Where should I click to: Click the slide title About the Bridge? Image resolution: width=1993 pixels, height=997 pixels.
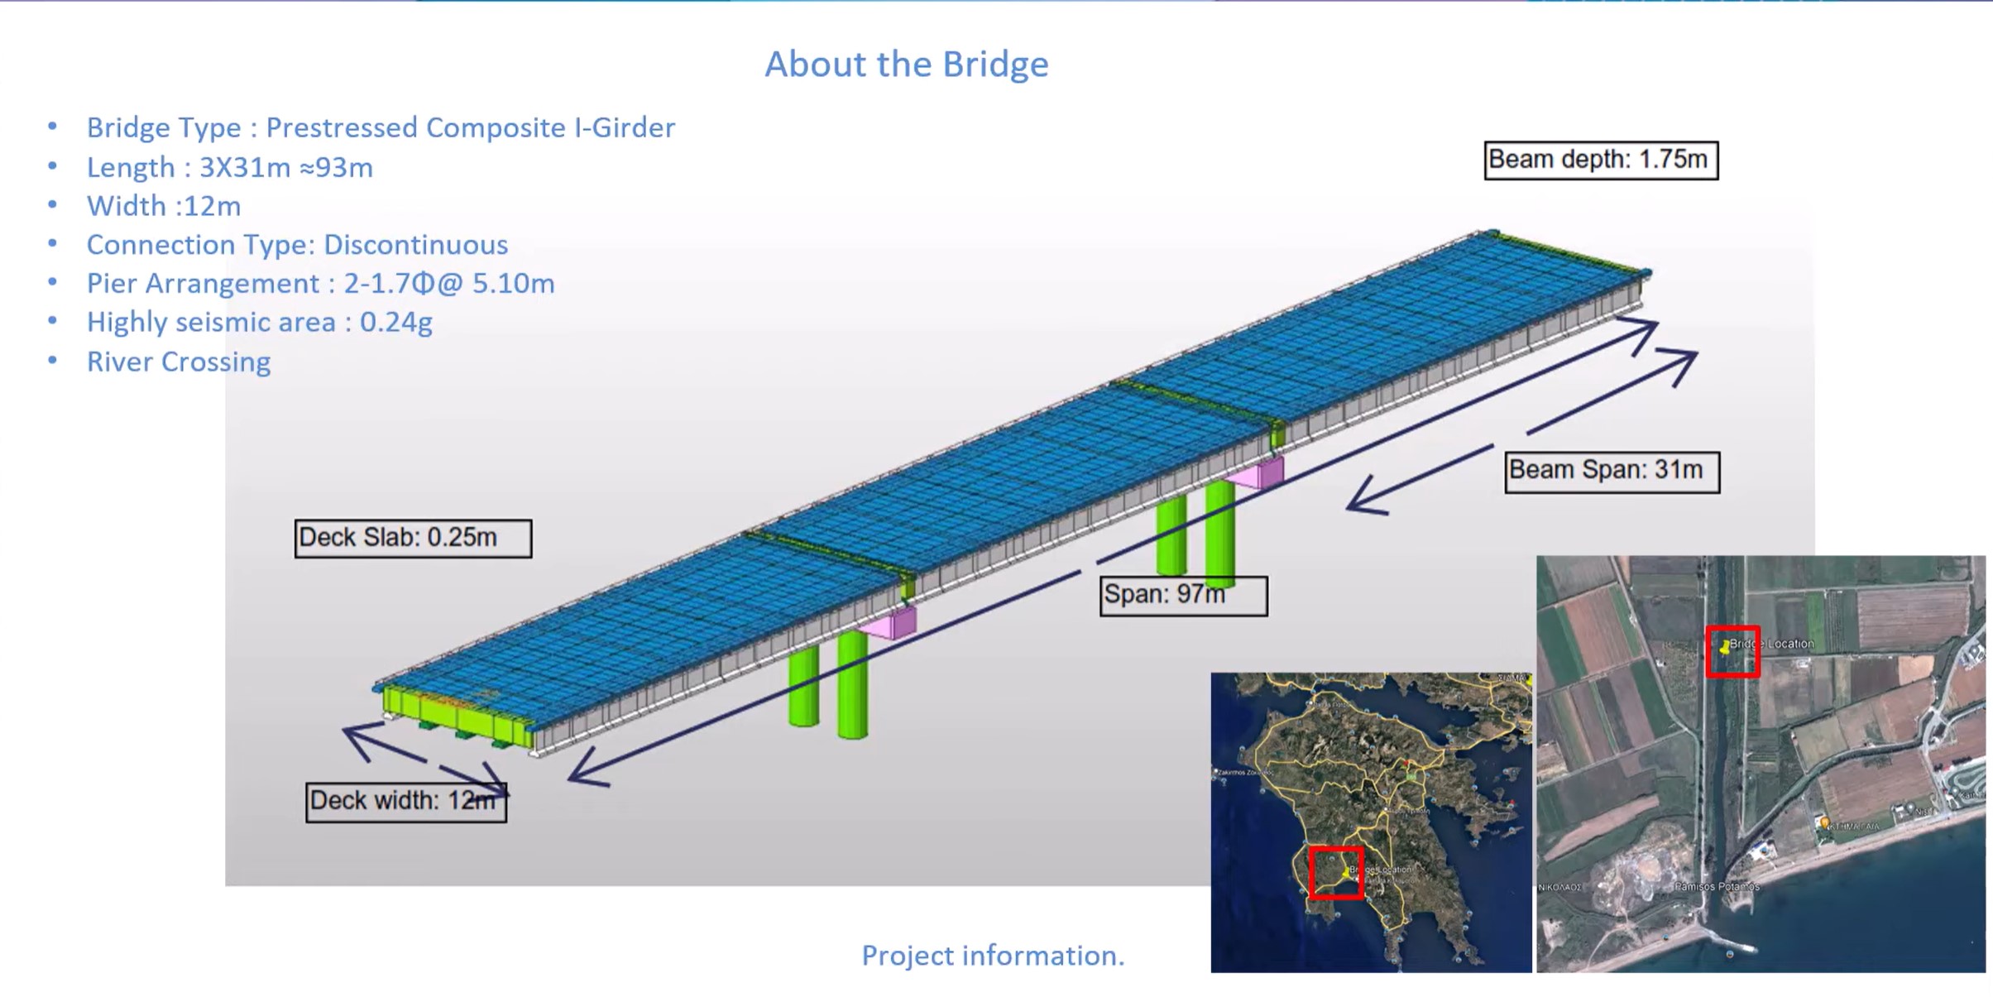point(906,65)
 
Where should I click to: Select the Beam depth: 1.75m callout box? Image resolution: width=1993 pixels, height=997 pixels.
point(1600,160)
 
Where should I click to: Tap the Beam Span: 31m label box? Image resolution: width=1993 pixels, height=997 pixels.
point(1611,471)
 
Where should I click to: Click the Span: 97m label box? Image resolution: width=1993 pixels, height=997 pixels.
point(1182,595)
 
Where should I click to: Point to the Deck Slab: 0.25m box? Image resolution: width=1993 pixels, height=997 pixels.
point(412,538)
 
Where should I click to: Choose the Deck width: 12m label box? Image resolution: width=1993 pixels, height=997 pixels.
point(405,801)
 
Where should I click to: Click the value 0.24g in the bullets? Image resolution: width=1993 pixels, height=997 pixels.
point(395,322)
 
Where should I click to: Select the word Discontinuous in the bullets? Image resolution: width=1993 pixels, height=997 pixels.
point(415,245)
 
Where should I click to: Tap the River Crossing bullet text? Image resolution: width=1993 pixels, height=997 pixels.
point(179,362)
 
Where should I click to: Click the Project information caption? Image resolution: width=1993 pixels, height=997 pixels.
point(993,956)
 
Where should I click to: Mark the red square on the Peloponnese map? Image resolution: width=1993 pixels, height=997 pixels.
point(1335,872)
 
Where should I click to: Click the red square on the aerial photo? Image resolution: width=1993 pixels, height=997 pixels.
point(1732,652)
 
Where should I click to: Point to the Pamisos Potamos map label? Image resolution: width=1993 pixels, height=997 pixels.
point(1718,886)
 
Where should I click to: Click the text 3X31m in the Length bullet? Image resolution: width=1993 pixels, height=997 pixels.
point(245,168)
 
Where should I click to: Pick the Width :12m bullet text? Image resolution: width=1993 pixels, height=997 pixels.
point(164,206)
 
